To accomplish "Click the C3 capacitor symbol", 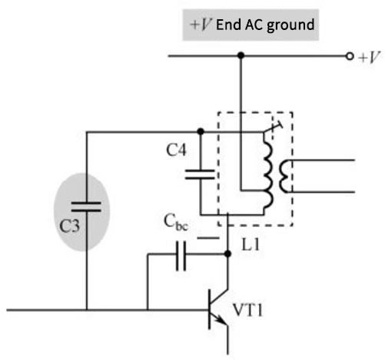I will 86,205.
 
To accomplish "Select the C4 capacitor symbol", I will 201,173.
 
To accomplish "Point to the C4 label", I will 178,152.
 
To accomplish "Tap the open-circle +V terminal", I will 350,56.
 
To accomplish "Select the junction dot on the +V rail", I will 241,56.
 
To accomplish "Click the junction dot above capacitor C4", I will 201,132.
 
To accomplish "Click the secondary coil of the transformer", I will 286,176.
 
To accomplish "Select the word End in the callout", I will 227,25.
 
